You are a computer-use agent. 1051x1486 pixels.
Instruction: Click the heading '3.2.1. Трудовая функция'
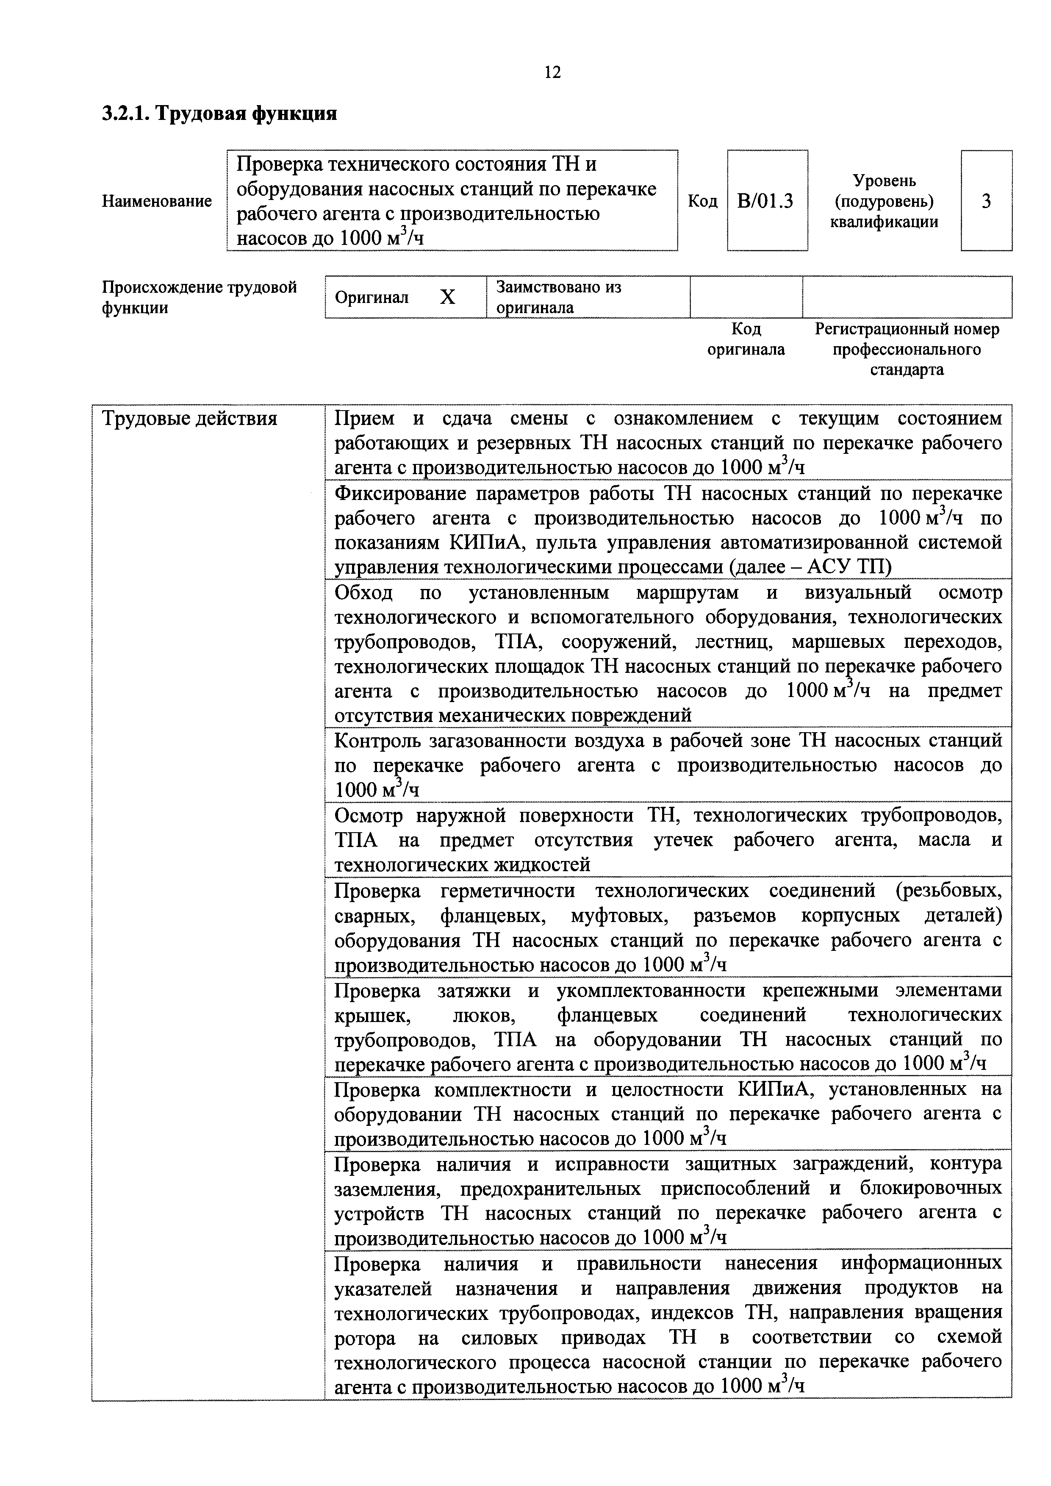219,114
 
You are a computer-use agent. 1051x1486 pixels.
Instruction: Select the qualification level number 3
986,201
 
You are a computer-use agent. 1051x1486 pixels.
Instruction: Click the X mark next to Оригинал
447,297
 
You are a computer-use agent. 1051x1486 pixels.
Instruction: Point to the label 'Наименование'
157,201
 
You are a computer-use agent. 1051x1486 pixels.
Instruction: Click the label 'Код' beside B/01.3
702,201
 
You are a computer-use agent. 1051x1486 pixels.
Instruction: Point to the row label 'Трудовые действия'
190,419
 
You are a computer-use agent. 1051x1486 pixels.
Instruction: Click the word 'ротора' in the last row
364,1338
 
